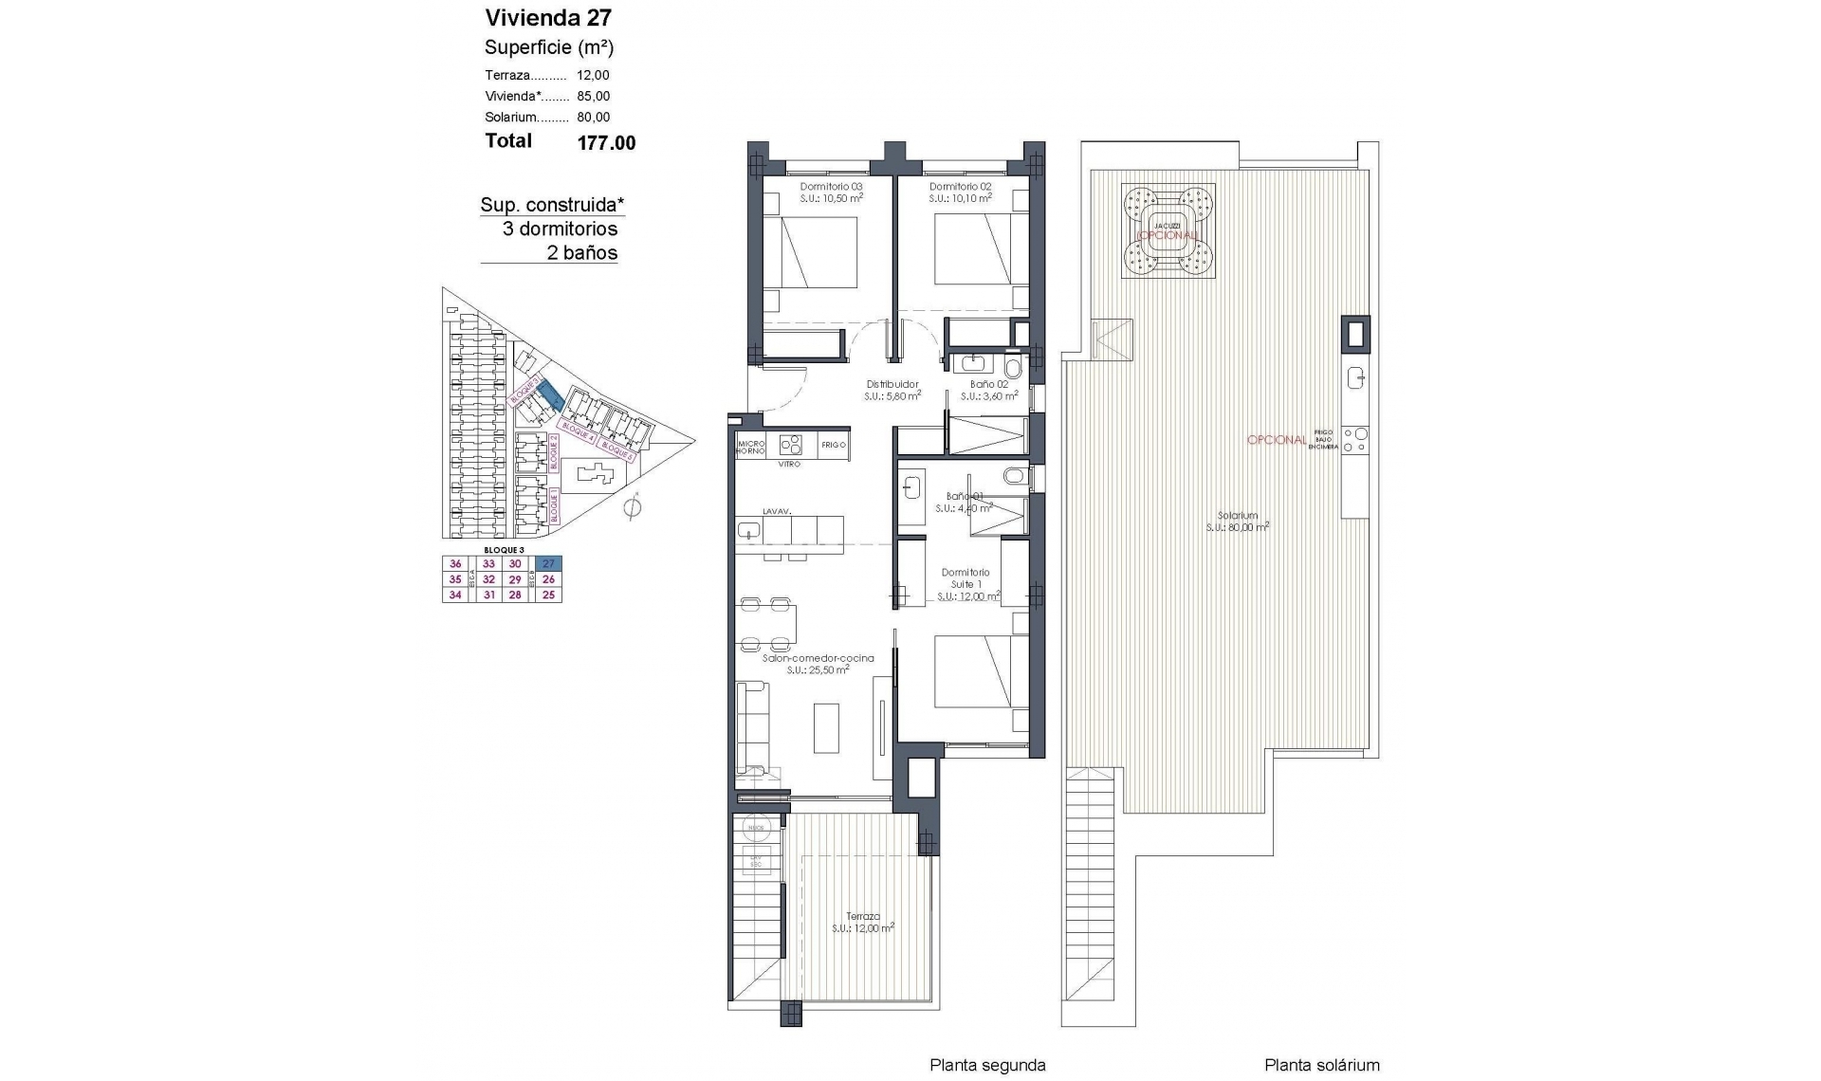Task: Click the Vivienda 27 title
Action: pos(548,17)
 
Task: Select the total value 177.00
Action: pos(606,143)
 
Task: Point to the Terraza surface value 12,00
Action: pos(593,75)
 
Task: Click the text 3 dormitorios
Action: pos(560,229)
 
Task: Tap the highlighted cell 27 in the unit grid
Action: pos(548,563)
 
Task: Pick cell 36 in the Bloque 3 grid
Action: pos(455,563)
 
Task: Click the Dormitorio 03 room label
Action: pos(831,187)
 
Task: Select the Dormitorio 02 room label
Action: pos(960,187)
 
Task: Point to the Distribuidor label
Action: pos(892,384)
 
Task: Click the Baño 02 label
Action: pos(988,384)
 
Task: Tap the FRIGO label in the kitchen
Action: pos(833,444)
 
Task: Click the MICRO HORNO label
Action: pos(751,447)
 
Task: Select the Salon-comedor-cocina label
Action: pos(818,657)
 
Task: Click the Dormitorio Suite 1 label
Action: pos(966,578)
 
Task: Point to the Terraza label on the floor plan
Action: pos(863,916)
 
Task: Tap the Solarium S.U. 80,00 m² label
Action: pos(1237,521)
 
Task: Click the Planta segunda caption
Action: pos(986,1065)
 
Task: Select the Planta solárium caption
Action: pos(1321,1065)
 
